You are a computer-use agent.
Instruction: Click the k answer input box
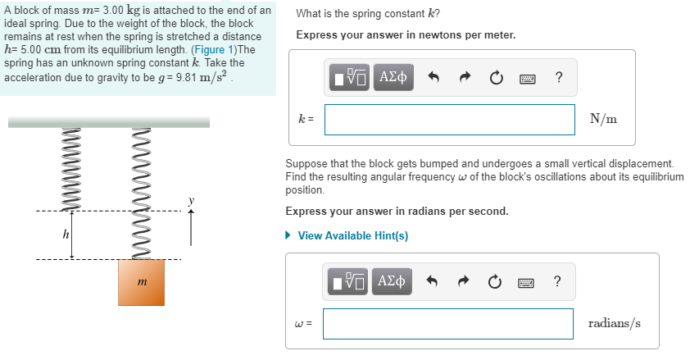(x=449, y=120)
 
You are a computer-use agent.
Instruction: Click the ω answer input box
(x=447, y=324)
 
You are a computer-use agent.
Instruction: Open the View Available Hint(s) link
(x=352, y=236)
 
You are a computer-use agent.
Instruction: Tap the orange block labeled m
(x=142, y=282)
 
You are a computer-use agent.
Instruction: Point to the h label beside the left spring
(x=64, y=235)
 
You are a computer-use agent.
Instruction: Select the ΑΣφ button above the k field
(x=394, y=78)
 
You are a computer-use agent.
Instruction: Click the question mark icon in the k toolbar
(x=558, y=78)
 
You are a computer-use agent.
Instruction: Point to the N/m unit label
(x=603, y=120)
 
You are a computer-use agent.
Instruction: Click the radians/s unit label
(x=614, y=323)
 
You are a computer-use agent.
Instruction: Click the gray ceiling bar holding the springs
(x=108, y=122)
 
